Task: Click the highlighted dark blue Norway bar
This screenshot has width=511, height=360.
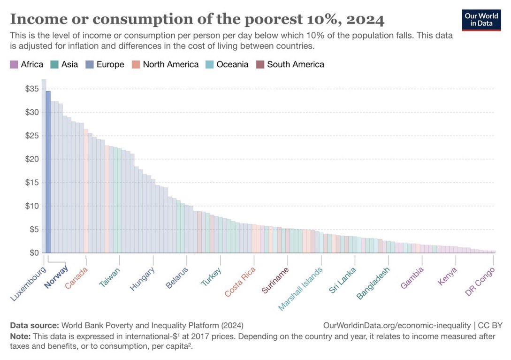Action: tap(48, 172)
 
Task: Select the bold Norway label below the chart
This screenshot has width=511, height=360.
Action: tap(56, 276)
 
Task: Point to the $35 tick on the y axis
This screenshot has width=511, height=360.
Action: tap(31, 89)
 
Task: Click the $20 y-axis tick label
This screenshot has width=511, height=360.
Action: tap(31, 159)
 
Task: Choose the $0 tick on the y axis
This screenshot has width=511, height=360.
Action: tap(33, 253)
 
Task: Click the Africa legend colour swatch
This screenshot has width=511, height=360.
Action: tap(14, 64)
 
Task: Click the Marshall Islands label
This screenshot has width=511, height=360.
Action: tap(301, 289)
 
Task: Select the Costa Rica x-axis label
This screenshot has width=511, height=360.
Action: tap(240, 282)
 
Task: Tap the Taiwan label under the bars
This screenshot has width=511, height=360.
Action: tap(110, 277)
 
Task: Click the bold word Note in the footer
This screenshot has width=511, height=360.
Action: tap(20, 336)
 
